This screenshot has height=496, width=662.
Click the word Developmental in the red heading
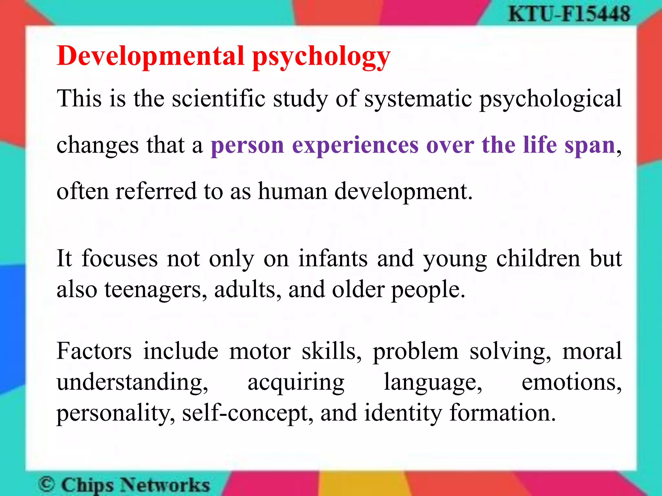point(150,56)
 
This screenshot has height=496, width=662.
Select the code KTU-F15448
point(569,14)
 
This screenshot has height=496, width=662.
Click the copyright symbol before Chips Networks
point(47,484)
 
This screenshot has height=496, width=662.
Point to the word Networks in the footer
point(165,485)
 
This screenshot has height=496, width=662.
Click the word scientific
point(219,98)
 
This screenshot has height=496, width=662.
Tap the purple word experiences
point(355,145)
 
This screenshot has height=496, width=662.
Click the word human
point(293,191)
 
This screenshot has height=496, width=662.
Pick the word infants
point(333,259)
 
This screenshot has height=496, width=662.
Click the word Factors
point(94,351)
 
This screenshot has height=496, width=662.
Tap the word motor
point(260,351)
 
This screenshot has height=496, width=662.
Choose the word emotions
point(571,382)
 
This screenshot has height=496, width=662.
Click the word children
point(538,259)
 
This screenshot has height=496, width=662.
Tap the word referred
point(156,191)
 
